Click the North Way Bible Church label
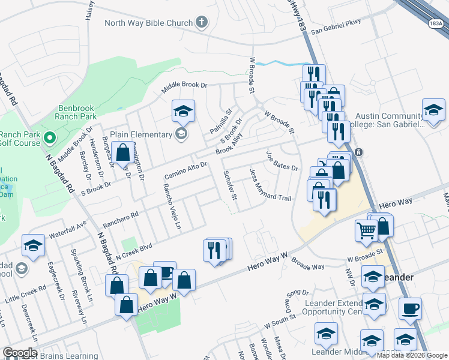(148, 23)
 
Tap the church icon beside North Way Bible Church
(202, 23)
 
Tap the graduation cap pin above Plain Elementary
(183, 111)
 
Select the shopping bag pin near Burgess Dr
(122, 154)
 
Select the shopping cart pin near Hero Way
(366, 230)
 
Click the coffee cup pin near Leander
(411, 309)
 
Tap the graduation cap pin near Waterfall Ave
(33, 245)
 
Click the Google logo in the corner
(20, 353)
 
